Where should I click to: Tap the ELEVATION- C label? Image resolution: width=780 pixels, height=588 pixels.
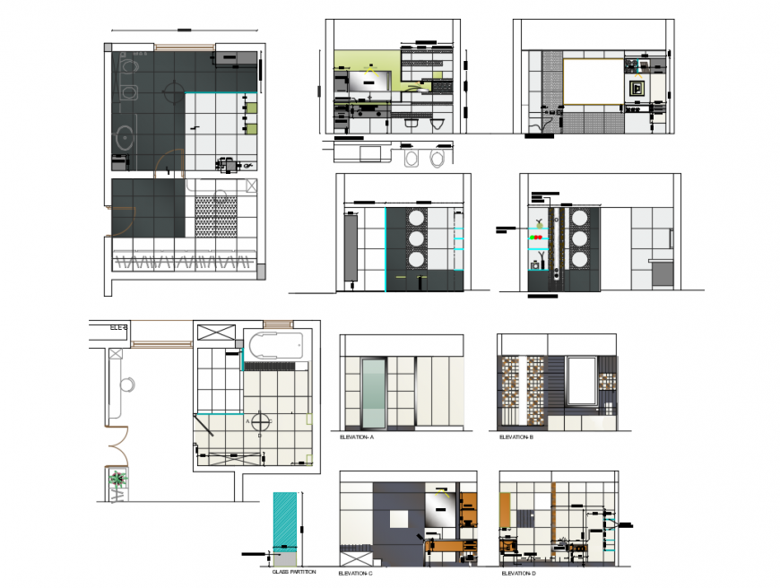tap(355, 573)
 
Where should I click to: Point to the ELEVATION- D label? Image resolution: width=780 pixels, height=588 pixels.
tap(517, 573)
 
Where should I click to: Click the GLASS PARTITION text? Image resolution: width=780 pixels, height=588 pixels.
tap(292, 572)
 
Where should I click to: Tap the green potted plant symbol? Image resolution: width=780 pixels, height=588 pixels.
tap(117, 480)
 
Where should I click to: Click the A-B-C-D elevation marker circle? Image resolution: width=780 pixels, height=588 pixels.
tap(259, 420)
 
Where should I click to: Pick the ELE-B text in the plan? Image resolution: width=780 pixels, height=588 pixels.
tap(119, 328)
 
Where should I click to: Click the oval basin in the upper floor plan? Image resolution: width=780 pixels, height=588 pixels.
tap(123, 137)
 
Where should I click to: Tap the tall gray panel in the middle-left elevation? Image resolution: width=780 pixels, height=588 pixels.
tap(349, 247)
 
